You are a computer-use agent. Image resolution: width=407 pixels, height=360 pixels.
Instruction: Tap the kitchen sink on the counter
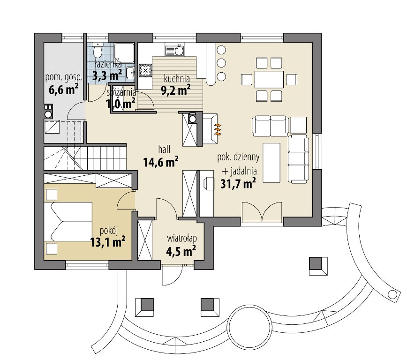click(175, 51)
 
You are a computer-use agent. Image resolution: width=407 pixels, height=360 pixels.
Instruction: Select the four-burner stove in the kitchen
click(145, 71)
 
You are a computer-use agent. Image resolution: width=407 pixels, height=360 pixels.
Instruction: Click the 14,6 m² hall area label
click(161, 162)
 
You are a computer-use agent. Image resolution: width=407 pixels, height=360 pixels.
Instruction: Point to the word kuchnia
click(177, 78)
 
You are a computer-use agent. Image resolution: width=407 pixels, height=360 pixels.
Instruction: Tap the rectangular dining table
click(269, 79)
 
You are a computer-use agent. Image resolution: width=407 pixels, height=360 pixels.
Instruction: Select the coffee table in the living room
click(272, 163)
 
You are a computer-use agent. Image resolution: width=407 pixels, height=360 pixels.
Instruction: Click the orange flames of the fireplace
click(218, 129)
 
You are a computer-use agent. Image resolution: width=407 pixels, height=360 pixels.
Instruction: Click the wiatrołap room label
click(182, 238)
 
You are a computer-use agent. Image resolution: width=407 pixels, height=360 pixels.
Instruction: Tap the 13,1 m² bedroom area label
click(108, 242)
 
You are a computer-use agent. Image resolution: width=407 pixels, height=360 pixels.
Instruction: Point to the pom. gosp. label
click(64, 77)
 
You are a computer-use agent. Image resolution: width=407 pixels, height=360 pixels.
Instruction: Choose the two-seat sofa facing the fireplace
click(270, 126)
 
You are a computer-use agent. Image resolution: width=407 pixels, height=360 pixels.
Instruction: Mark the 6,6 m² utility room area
click(64, 90)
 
